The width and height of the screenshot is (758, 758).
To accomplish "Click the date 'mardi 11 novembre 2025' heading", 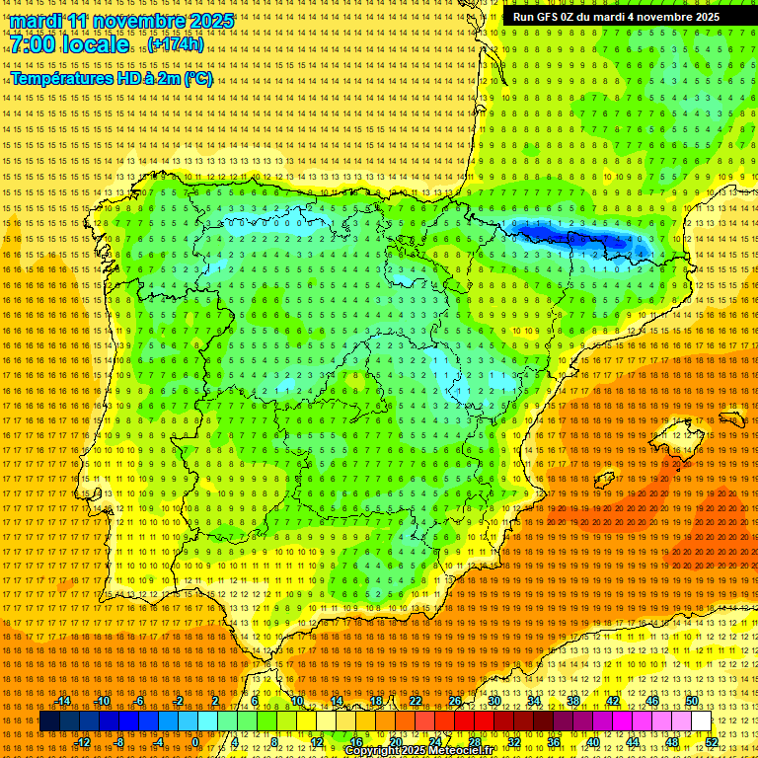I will (x=122, y=21).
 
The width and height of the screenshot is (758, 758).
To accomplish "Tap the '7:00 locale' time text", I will (x=69, y=44).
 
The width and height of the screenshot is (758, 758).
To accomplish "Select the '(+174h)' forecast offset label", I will (x=177, y=44).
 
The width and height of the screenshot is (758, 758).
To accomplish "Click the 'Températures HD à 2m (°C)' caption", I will (x=112, y=78).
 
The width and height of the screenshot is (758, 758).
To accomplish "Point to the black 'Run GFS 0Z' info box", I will (x=616, y=17).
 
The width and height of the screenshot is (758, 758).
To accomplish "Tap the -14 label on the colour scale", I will (x=64, y=701).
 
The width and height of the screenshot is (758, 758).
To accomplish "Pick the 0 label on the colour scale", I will (x=195, y=742).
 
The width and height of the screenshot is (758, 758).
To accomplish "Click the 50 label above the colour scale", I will (x=692, y=701).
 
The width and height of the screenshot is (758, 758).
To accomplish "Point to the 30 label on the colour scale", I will (x=493, y=701).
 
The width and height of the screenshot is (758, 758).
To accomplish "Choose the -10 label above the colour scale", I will (x=102, y=701).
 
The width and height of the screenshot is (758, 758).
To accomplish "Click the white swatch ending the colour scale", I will (x=702, y=721).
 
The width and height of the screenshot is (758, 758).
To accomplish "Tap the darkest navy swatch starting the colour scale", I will (x=48, y=721).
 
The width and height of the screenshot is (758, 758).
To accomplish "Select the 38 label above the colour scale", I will (x=573, y=701).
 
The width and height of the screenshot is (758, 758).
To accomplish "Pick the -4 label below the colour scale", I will (x=158, y=742).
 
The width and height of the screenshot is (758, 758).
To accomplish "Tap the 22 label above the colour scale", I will (x=415, y=701).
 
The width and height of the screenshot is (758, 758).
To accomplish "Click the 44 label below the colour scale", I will (x=633, y=742).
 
